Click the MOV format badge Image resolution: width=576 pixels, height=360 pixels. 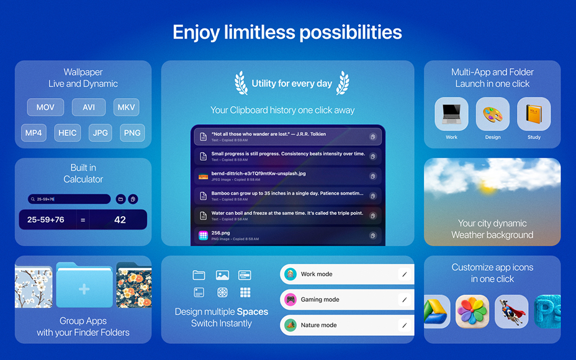coord(45,107)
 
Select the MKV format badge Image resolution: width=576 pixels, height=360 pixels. coord(126,107)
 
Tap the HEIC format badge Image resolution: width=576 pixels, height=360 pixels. coord(67,133)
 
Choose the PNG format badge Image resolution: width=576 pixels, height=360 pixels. coord(132,133)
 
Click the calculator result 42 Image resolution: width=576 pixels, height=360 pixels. coord(120,220)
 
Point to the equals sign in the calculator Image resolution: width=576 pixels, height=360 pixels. coord(83,220)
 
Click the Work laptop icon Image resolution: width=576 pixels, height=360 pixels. coord(451,114)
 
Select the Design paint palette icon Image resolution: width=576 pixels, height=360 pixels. coord(493,114)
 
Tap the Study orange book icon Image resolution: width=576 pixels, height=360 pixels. coord(534,114)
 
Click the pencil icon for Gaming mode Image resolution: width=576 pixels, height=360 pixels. coord(405,300)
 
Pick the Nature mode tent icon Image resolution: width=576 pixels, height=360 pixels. coord(290,325)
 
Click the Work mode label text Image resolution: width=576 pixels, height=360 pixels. coord(317,274)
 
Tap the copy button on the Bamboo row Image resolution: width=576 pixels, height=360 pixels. coord(373,196)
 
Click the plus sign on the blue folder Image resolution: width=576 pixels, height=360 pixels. coord(84,289)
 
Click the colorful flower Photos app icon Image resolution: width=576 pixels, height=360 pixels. coord(472,312)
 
